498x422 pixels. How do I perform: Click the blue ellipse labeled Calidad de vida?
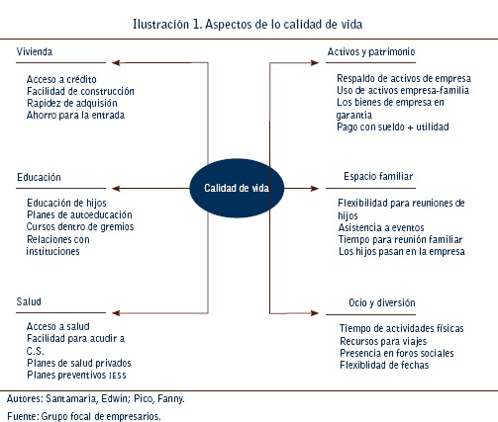pos(237,188)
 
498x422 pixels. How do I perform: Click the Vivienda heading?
pos(35,51)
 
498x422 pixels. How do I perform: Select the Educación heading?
pos(39,177)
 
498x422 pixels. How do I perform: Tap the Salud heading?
pos(29,301)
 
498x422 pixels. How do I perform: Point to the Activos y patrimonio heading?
pos(371,52)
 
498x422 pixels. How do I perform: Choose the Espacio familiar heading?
pos(378,177)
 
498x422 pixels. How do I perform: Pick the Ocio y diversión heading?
pos(382,302)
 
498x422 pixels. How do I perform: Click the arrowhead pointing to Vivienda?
pos(116,62)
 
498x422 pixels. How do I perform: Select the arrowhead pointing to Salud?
pos(116,313)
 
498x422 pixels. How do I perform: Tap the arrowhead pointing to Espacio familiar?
pos(315,189)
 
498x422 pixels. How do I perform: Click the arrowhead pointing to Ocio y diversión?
pos(315,313)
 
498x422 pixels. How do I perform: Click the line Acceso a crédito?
pos(61,79)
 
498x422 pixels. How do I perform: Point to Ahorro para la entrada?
pos(75,116)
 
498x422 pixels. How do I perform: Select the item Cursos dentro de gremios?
pos(80,227)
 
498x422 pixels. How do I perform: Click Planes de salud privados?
pos(79,363)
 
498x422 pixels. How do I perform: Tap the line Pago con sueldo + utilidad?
pos(393,127)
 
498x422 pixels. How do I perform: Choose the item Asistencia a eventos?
pos(381,227)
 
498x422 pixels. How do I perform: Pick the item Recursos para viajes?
pos(383,341)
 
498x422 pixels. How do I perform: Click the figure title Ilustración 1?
pos(167,24)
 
